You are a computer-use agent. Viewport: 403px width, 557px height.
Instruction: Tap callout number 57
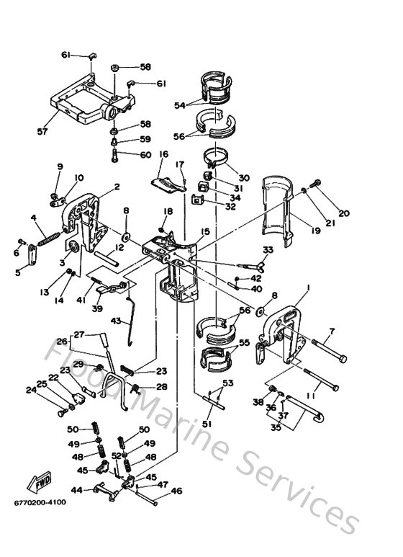[43, 132]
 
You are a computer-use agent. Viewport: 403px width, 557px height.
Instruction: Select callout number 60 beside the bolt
[145, 155]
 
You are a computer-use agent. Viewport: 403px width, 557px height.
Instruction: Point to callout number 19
[317, 232]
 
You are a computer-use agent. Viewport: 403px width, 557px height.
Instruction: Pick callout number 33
[268, 250]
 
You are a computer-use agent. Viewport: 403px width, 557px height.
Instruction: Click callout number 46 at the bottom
[176, 493]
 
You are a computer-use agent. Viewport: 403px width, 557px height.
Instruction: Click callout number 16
[163, 154]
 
